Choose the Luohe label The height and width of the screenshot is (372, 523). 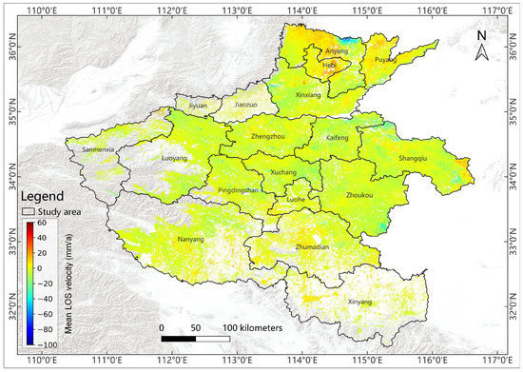click(x=296, y=202)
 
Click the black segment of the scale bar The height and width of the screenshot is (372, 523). click(x=178, y=339)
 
